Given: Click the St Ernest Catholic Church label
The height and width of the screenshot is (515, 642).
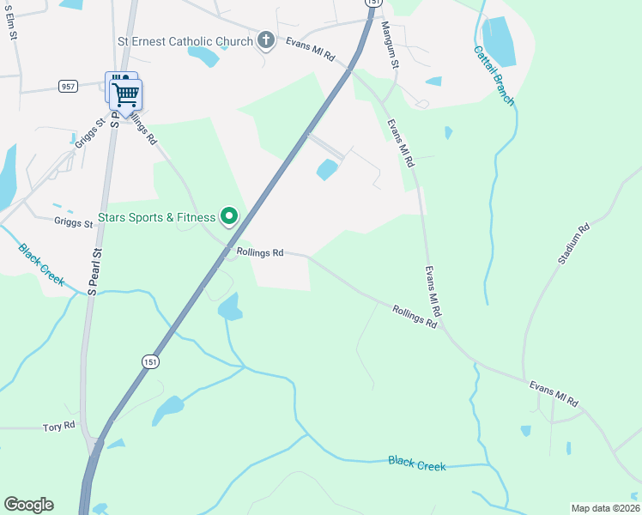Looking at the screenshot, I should coord(185,40).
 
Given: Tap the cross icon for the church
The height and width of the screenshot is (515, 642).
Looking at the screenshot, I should coord(266,40).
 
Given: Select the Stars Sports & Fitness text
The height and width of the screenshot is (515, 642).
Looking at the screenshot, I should coord(157,217).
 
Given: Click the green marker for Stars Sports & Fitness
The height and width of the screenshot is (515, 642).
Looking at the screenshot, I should coord(229,216).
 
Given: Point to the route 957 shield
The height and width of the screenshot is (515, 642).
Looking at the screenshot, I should coord(69,86).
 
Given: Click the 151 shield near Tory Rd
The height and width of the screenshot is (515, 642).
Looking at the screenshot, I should coord(150,363).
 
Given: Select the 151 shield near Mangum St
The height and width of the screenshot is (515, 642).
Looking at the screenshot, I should coord(372,3).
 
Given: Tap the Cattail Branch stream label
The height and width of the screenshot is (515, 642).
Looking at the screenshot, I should coord(494,76).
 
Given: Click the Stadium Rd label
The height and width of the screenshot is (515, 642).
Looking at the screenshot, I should coord(573,243).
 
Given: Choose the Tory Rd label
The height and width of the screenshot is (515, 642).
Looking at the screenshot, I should coord(59,426).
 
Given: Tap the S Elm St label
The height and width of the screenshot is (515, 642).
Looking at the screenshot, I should coord(11,23).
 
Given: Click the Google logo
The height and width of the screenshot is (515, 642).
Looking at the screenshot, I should coord(28,504).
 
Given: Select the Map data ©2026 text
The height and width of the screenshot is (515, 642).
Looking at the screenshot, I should coord(604,508).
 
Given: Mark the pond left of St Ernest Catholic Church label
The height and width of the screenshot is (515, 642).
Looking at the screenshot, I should coord(203,57).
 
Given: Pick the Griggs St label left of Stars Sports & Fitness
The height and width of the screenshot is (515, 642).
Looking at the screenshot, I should coord(73,223).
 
